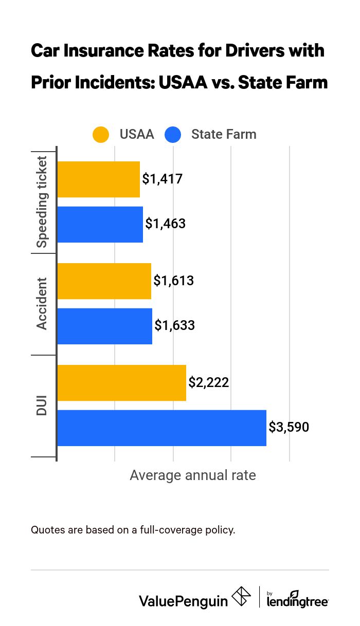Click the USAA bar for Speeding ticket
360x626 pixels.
point(98,179)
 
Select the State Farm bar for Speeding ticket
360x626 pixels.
point(100,225)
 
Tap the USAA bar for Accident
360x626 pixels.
point(104,281)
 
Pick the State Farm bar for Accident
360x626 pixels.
point(104,326)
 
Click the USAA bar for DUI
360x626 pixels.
point(121,383)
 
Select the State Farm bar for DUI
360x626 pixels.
point(161,428)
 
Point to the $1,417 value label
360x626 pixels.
point(163,179)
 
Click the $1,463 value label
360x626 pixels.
point(165,224)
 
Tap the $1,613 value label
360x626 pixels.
point(173,281)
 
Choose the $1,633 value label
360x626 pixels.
point(174,325)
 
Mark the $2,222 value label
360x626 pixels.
point(208,382)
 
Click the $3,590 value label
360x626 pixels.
point(289,427)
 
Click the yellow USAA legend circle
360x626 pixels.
point(101,135)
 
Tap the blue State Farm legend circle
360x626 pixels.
point(173,135)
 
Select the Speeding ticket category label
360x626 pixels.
point(42,201)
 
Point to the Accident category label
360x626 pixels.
point(42,303)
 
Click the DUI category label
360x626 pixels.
point(42,405)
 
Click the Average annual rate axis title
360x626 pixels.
point(192,475)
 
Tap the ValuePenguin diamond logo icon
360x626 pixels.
point(241,597)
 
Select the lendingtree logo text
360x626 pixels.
point(297,600)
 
